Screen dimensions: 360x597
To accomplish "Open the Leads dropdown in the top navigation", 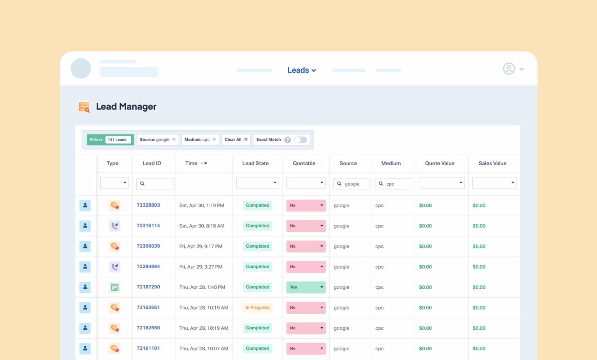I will pyautogui.click(x=301, y=70).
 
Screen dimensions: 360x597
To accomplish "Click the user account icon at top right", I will pyautogui.click(x=509, y=69).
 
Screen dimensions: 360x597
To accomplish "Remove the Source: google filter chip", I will pyautogui.click(x=174, y=140).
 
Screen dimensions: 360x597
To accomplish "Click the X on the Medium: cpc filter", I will pyautogui.click(x=214, y=140).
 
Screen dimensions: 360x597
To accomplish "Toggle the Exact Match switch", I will pyautogui.click(x=300, y=140).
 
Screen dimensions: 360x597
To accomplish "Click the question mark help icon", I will pyautogui.click(x=288, y=140).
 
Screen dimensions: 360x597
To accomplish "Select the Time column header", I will pyautogui.click(x=192, y=164).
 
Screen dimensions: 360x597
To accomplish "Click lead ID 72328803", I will pyautogui.click(x=148, y=205).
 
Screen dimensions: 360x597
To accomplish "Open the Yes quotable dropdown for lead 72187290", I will pyautogui.click(x=306, y=287).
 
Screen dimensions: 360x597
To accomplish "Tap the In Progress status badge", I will pyautogui.click(x=257, y=308).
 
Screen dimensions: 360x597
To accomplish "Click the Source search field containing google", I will pyautogui.click(x=351, y=184).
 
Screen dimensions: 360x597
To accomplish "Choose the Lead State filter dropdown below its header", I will pyautogui.click(x=257, y=183).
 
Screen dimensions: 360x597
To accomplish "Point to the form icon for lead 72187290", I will pyautogui.click(x=115, y=287).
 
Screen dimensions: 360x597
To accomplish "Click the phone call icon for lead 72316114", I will pyautogui.click(x=115, y=226).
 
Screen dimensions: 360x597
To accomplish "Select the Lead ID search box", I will pyautogui.click(x=155, y=184).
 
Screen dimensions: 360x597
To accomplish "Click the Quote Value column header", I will pyautogui.click(x=440, y=164).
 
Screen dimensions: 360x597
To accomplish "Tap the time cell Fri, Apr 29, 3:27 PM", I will pyautogui.click(x=201, y=267).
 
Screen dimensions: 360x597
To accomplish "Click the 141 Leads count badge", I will pyautogui.click(x=117, y=140).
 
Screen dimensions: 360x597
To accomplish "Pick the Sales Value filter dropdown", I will pyautogui.click(x=494, y=183).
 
